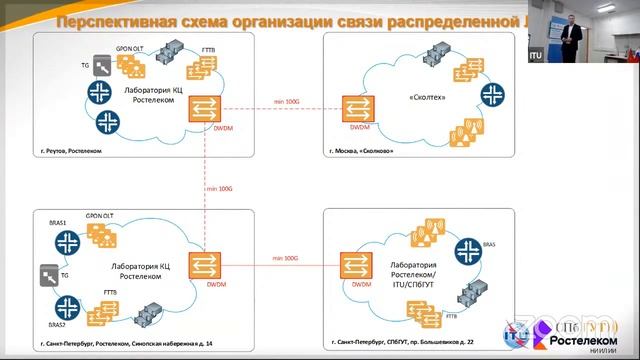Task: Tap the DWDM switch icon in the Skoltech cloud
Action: click(x=353, y=109)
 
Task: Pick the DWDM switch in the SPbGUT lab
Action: click(x=352, y=267)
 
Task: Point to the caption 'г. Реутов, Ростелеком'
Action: click(x=66, y=150)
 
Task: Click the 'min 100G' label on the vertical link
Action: click(x=219, y=188)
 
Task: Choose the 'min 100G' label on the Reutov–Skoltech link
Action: click(x=286, y=102)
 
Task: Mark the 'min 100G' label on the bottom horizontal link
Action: click(x=285, y=257)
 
